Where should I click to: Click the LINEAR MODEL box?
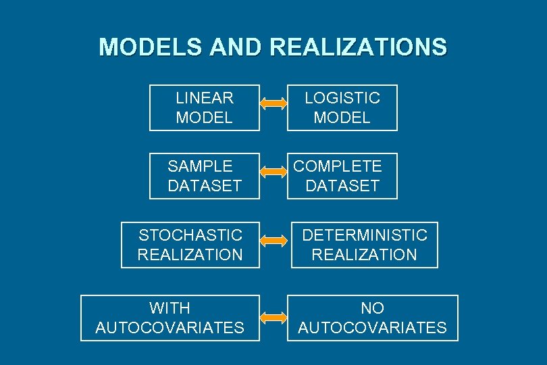click(205, 107)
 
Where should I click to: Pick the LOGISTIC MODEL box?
click(342, 107)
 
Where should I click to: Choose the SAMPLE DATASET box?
click(205, 176)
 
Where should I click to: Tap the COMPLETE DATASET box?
click(342, 176)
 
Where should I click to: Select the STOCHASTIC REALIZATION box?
click(190, 245)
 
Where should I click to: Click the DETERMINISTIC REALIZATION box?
click(365, 245)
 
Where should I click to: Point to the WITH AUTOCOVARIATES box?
click(170, 318)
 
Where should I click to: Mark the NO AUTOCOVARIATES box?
click(373, 318)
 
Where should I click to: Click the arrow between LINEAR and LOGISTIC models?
click(273, 103)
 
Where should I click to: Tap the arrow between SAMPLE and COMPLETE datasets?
click(273, 172)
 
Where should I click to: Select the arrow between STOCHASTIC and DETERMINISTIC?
click(273, 240)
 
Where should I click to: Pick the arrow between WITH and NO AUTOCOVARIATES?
click(273, 316)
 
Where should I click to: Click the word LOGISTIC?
click(342, 98)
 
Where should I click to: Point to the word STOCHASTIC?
click(190, 235)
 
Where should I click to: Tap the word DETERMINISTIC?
click(365, 235)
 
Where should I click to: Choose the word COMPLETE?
click(338, 166)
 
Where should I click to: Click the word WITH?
click(170, 308)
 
